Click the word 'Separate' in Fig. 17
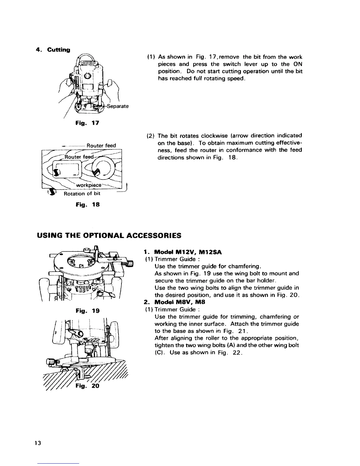click(x=118, y=106)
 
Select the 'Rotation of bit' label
click(x=82, y=194)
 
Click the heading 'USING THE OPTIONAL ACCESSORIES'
click(x=109, y=236)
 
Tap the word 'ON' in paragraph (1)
click(x=298, y=64)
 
